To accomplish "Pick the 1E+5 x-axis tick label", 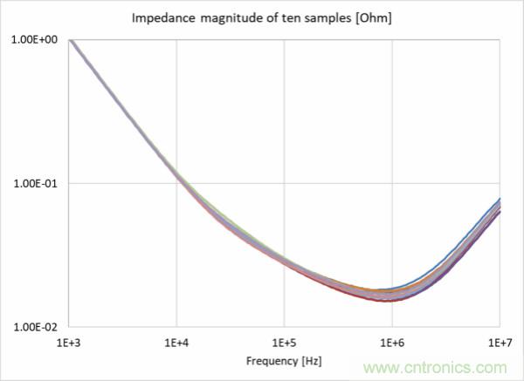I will (284, 341).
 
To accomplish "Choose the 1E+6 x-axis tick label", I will (392, 341).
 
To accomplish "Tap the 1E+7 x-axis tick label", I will (499, 341).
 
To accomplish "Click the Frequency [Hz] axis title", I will (284, 358).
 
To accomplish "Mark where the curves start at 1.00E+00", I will (70, 41).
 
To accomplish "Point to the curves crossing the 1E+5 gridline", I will (284, 261).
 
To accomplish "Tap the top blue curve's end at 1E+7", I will (499, 200).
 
